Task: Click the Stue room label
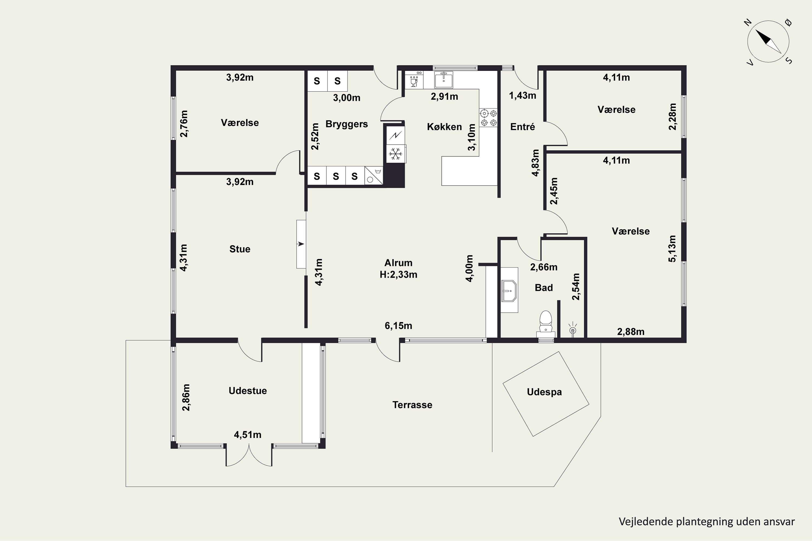click(240, 249)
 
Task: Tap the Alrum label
click(398, 263)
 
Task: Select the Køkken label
click(444, 127)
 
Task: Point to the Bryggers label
click(347, 124)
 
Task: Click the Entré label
click(522, 127)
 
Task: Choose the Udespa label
click(544, 392)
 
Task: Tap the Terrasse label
click(412, 405)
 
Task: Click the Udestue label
click(248, 391)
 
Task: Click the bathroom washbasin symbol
click(509, 291)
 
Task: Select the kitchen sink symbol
click(444, 80)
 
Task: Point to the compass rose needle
click(768, 41)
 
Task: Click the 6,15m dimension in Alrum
click(398, 325)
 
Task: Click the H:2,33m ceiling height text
click(398, 275)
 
